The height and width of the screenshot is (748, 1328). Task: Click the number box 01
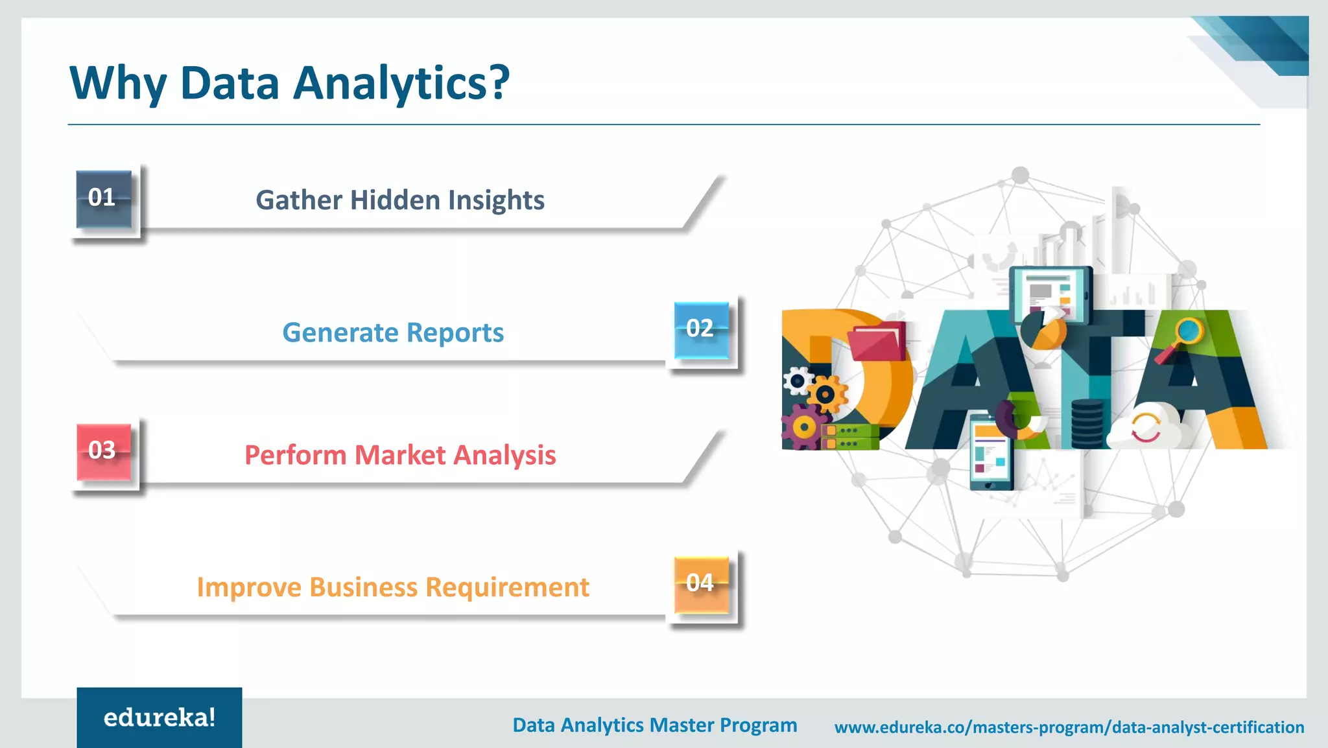103,198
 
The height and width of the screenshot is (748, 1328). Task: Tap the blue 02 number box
701,329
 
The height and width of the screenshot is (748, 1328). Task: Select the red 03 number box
103,451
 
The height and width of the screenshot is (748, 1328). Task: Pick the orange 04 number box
701,584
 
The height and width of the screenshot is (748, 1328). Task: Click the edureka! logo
159,718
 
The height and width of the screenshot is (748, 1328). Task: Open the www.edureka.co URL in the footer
1069,727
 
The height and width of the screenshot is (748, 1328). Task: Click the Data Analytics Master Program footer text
654,725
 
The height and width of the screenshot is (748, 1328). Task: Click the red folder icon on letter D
877,342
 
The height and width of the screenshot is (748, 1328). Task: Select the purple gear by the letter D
802,427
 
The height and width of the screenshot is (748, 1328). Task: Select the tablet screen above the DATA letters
1050,296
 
